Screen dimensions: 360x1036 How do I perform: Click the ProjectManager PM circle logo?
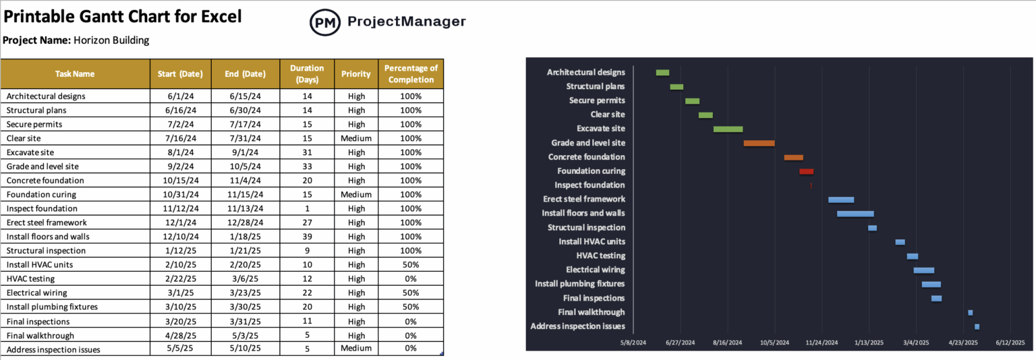pos(324,22)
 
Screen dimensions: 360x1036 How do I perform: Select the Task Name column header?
pos(75,74)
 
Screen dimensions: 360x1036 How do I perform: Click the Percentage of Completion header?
pos(411,73)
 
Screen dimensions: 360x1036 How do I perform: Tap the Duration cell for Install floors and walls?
pos(306,237)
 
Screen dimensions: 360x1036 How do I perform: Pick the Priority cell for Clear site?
pos(356,138)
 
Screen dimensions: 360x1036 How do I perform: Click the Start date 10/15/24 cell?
pos(181,181)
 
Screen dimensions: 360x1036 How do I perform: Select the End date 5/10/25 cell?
pos(246,349)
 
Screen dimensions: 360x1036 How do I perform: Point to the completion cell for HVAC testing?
pos(411,278)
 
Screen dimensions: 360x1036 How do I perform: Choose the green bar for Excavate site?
pos(728,129)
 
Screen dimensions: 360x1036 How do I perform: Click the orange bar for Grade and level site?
pos(759,143)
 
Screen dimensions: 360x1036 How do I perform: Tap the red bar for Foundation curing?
pos(806,171)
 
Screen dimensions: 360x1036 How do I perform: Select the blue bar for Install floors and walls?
pos(855,214)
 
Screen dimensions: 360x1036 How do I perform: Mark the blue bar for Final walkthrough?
pos(970,313)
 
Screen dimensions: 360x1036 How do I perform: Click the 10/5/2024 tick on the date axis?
pos(774,343)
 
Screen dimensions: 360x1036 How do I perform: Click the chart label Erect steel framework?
pos(584,199)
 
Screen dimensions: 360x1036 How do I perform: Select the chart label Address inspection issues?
pos(577,326)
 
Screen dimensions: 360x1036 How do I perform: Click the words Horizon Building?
pos(111,40)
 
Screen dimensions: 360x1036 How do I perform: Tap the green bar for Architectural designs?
pos(662,73)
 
